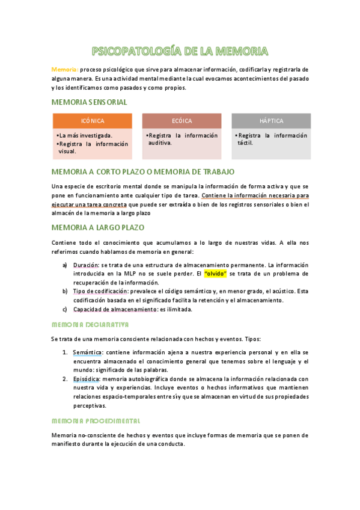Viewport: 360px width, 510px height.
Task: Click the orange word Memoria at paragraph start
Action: (64, 70)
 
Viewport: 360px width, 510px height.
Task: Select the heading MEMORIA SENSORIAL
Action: (90, 102)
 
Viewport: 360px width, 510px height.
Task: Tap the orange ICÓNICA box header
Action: (92, 121)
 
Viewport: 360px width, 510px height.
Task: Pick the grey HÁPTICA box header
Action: (271, 121)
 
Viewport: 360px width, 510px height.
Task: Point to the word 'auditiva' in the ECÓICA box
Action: (160, 143)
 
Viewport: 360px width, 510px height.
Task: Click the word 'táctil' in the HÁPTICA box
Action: (245, 143)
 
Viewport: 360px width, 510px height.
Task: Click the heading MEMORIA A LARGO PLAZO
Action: (98, 228)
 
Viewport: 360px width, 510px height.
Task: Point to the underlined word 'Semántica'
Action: (88, 352)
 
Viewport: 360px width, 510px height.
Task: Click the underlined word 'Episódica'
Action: (87, 379)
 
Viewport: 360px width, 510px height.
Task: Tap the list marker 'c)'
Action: (65, 309)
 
